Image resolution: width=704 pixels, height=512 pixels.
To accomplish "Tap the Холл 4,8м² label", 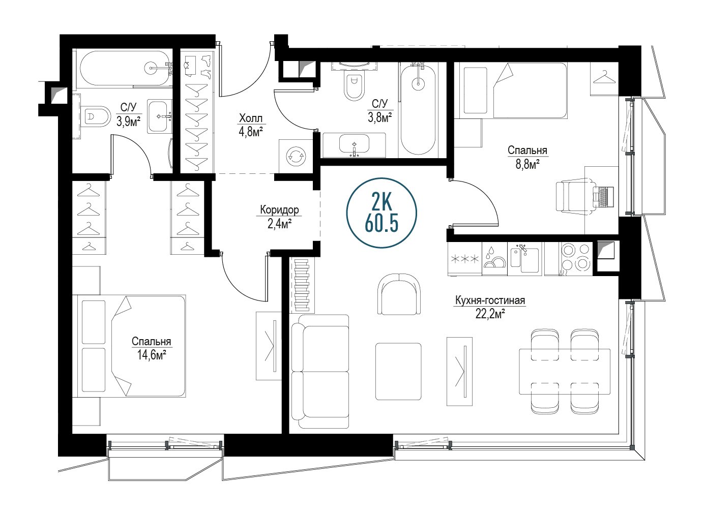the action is point(250,125).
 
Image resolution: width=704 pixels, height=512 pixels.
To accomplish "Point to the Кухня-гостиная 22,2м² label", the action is point(490,307).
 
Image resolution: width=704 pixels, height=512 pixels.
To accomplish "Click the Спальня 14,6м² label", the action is point(151,348).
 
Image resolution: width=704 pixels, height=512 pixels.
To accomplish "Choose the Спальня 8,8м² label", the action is point(527,157).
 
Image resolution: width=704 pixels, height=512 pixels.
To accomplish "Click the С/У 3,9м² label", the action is point(128,114).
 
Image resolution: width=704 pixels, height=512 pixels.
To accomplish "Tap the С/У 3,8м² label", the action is point(379,110).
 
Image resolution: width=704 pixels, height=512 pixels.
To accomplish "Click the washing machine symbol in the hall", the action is point(296,156).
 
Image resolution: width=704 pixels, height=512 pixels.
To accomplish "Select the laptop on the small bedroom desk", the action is point(603,197).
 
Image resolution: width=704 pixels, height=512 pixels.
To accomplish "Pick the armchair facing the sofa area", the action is point(399,294).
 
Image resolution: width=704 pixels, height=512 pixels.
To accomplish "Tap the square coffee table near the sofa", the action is point(398,371).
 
